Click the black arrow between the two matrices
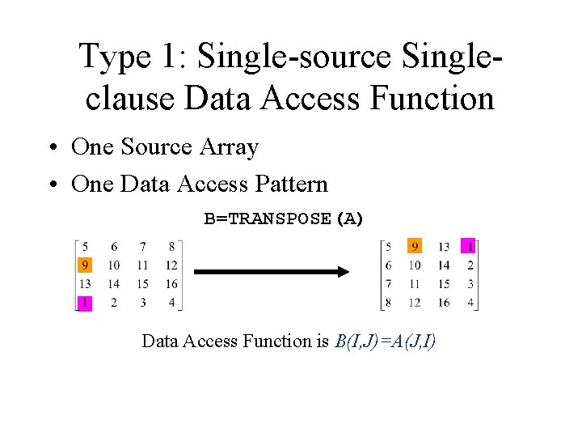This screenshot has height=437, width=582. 271,273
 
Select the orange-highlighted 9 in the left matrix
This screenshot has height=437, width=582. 85,265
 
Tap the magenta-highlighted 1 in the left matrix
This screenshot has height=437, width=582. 85,303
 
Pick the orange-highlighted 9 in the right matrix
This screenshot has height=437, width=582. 415,246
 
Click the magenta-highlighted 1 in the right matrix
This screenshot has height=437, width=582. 470,246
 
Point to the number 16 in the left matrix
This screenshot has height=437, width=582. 171,284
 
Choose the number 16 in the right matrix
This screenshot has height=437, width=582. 444,303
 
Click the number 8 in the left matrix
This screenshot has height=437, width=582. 171,246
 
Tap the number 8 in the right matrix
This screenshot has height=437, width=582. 389,303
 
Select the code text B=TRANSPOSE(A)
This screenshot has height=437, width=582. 285,218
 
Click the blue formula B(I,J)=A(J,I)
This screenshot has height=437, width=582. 384,341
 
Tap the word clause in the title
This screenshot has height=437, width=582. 129,99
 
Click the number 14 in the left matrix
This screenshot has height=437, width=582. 113,284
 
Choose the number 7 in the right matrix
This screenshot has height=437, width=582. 389,284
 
